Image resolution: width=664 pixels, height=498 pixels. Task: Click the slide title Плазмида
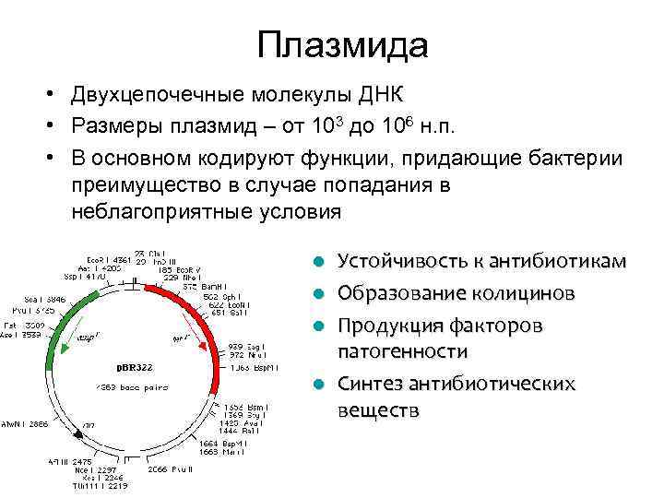coord(343,45)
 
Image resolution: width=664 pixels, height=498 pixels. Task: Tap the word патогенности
coord(403,351)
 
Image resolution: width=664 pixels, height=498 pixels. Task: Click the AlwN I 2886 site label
coord(25,424)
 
